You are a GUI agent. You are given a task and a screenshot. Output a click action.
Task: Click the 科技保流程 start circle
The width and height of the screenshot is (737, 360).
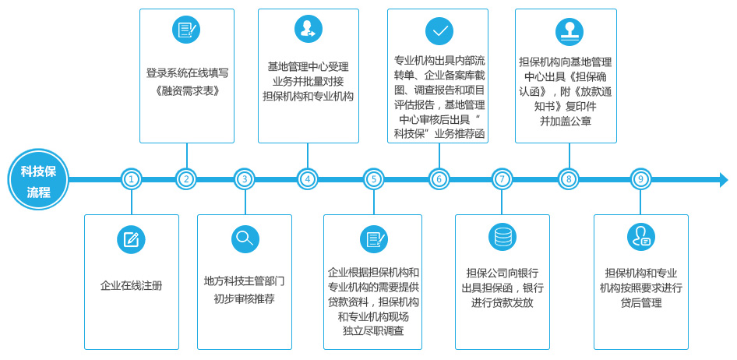point(38,179)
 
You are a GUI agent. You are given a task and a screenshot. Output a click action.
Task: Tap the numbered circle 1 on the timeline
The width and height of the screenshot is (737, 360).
point(131,179)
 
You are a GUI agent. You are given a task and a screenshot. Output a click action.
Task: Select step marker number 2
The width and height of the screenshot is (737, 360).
point(187,179)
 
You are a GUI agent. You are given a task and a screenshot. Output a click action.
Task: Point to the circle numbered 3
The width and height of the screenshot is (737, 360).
point(245,179)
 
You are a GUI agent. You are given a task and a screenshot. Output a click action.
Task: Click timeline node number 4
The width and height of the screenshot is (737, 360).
point(308,179)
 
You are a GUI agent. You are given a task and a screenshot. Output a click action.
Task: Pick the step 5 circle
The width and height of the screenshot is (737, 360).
point(374,179)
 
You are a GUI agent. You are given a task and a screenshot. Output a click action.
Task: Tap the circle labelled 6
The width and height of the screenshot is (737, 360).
point(439,179)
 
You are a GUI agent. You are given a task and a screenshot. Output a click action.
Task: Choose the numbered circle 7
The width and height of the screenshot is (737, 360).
point(502,179)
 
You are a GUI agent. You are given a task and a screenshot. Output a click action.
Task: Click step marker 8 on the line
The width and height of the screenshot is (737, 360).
point(569,179)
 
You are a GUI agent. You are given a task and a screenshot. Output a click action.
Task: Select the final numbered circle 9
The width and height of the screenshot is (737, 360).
point(640,179)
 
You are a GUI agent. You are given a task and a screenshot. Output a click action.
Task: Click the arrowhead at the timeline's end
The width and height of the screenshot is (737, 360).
point(724,179)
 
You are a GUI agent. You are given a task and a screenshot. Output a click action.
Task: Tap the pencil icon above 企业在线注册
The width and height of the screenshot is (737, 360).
point(131,240)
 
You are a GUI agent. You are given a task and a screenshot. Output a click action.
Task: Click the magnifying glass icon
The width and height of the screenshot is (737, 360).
point(245,239)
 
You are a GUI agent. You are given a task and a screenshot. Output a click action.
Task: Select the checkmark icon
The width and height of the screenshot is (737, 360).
point(439,31)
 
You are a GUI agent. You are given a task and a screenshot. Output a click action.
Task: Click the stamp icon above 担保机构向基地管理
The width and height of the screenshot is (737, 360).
point(569,31)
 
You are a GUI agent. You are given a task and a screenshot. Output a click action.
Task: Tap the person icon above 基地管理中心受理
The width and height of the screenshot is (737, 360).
point(309,29)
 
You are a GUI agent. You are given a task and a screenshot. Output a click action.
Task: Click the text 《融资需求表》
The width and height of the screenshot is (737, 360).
point(187,90)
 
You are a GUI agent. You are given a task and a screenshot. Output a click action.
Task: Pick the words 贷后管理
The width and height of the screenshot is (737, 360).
point(640,303)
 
